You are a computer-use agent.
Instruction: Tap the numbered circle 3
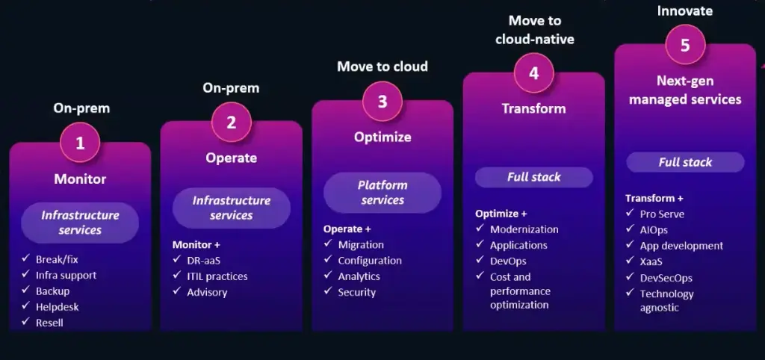click(382, 102)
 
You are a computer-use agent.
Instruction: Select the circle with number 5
click(684, 46)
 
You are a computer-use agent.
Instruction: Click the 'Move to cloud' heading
click(382, 66)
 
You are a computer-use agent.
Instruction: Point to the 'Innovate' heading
click(684, 11)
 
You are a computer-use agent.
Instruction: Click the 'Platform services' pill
click(382, 193)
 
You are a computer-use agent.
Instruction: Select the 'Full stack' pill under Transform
click(533, 177)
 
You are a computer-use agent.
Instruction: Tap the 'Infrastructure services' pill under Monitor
click(80, 223)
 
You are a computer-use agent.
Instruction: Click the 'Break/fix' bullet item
click(57, 259)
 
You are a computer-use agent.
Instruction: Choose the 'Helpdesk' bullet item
click(57, 307)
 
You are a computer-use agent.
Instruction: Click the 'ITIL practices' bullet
click(217, 276)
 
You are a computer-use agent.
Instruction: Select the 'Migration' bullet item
click(361, 245)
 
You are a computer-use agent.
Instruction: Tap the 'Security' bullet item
click(356, 292)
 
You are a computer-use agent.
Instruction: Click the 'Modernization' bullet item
click(524, 229)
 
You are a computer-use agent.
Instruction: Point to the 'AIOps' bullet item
click(654, 230)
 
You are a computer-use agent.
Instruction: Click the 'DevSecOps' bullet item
click(666, 278)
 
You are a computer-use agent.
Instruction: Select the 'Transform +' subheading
click(654, 199)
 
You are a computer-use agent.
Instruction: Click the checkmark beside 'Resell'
click(25, 323)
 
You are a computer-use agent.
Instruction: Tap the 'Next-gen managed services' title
click(684, 90)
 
